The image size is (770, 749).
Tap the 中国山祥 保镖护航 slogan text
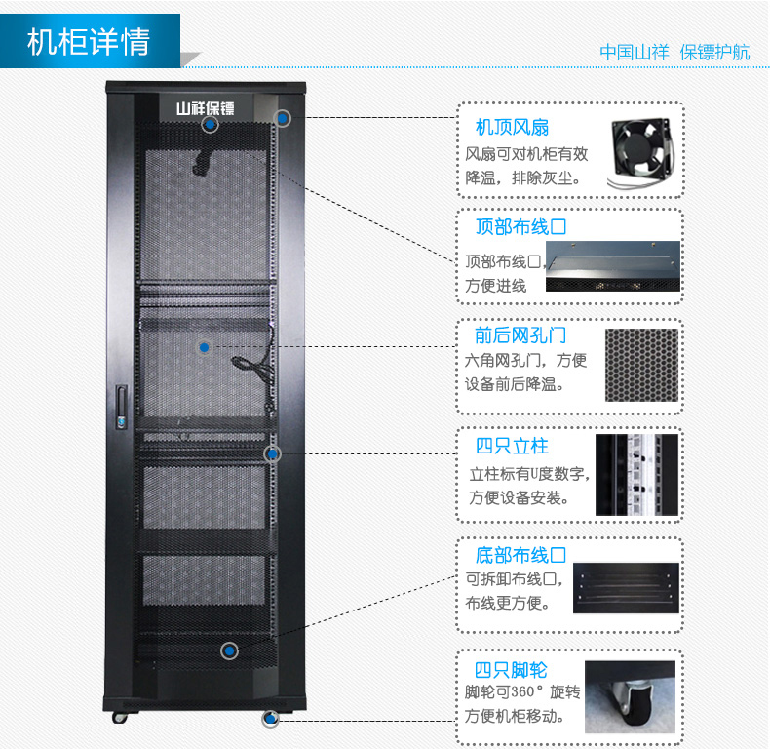(x=674, y=53)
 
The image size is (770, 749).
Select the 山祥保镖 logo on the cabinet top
(x=204, y=107)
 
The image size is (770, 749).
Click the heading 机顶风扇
(x=512, y=128)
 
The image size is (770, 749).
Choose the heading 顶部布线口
(x=520, y=228)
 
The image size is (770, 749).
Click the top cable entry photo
(x=611, y=266)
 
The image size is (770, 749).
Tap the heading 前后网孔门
(x=520, y=336)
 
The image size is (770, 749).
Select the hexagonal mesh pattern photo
(x=641, y=365)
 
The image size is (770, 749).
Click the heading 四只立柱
(x=512, y=447)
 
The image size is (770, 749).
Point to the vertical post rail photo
(x=636, y=474)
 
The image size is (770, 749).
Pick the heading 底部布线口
(x=520, y=556)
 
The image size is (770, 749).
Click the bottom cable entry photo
(x=625, y=587)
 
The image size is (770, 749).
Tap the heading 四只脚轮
(x=512, y=670)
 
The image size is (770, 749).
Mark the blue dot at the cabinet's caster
(x=270, y=719)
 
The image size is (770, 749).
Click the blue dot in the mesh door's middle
(x=204, y=347)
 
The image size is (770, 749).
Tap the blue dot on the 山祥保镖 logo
(x=210, y=124)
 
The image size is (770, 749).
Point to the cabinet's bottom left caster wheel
(x=120, y=717)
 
